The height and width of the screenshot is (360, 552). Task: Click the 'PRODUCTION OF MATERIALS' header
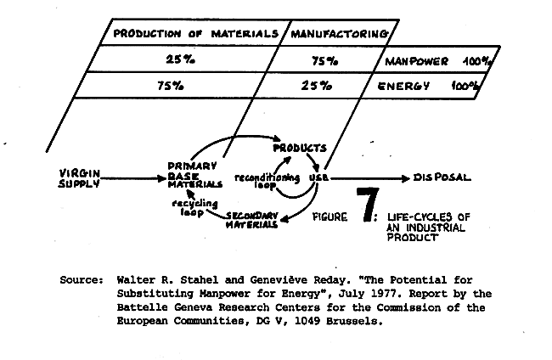195,34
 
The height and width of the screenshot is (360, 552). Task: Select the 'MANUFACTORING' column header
340,34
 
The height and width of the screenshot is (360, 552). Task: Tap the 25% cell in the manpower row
180,59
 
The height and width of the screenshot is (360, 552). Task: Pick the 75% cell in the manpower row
324,61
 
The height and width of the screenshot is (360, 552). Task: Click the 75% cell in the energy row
171,86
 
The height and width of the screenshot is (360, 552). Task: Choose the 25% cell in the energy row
316,86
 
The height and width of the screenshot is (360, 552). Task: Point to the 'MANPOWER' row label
416,62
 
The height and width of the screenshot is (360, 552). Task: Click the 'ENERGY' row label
403,87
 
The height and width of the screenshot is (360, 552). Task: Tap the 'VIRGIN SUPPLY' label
80,178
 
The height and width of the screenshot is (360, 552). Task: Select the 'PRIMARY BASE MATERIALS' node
194,175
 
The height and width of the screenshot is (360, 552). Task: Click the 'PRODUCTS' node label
300,148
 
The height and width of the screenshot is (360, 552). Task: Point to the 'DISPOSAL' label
442,177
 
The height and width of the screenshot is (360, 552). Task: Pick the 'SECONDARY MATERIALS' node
252,220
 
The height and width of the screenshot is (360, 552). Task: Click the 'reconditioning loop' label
267,181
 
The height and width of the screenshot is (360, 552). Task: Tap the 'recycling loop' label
194,208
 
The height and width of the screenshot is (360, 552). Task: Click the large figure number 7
367,205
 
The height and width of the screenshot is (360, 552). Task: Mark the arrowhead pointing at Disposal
406,178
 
